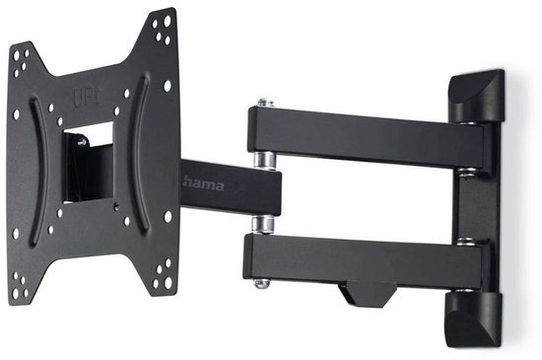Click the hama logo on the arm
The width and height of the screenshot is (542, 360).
click(204, 184)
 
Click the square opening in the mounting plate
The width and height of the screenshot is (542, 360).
click(88, 162)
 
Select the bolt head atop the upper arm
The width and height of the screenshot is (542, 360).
click(265, 103)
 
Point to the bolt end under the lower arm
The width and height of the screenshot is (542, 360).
click(262, 284)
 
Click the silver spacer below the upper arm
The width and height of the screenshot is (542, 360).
click(264, 161)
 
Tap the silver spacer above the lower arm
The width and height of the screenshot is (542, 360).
click(263, 224)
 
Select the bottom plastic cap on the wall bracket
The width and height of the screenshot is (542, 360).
click(472, 319)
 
